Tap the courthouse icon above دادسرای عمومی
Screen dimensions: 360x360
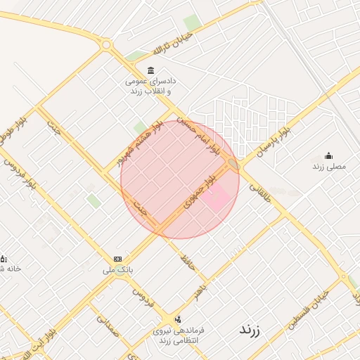(x=150, y=70)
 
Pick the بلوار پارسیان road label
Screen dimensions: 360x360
(x=274, y=143)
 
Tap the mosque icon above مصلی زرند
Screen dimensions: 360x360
(x=328, y=156)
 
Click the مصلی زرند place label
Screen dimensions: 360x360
(x=329, y=167)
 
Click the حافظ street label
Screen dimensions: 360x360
(x=186, y=265)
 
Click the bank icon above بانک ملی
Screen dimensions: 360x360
(x=117, y=259)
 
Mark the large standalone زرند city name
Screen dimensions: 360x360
(x=250, y=329)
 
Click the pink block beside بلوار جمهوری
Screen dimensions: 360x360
(x=217, y=196)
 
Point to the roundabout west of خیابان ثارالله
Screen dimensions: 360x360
(x=106, y=45)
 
